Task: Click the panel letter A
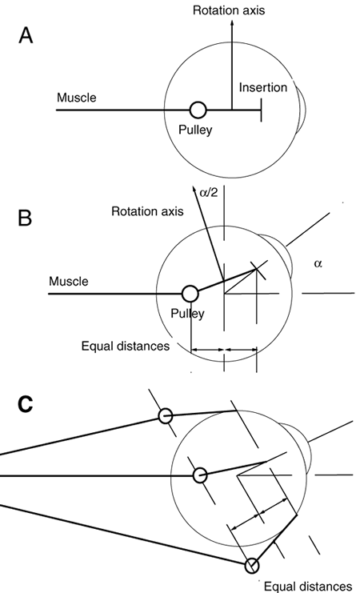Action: tap(26, 36)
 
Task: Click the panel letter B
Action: tap(25, 218)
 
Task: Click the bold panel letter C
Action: tap(26, 404)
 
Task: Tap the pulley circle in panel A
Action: tap(198, 110)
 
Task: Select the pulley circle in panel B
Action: tap(190, 294)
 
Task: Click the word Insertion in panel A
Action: tap(263, 88)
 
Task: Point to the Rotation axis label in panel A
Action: tap(229, 10)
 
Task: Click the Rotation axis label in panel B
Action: tap(147, 211)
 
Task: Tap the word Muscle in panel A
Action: tap(77, 98)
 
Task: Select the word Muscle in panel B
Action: tap(69, 282)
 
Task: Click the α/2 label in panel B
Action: tap(208, 194)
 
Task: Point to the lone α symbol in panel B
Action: tap(318, 264)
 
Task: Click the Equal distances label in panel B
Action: tap(126, 346)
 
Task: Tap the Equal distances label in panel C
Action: tap(307, 587)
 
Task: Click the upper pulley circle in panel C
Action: tap(166, 416)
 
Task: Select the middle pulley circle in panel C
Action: tap(200, 475)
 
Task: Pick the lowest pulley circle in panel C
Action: tap(252, 566)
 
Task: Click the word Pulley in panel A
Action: tap(195, 130)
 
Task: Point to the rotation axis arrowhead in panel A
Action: tap(232, 22)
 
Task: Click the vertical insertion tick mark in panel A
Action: tap(261, 110)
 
